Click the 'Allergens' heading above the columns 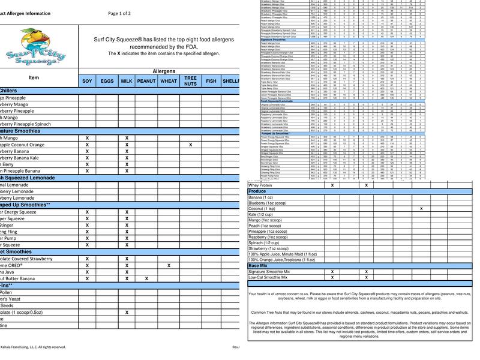(164, 71)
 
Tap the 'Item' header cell (34, 77)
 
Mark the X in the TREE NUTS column (190, 145)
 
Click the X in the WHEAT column (169, 265)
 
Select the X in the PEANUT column (146, 278)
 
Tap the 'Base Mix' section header (258, 265)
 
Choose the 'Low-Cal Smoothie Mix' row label (269, 278)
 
